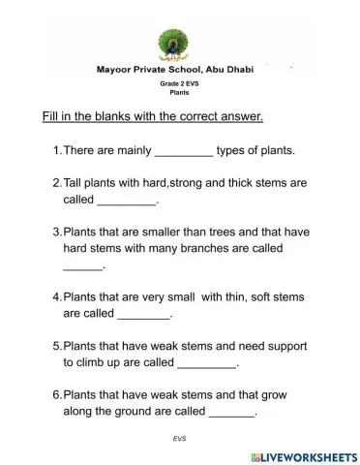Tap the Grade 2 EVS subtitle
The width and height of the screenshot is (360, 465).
[179, 85]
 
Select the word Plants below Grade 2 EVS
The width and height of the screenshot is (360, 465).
[179, 93]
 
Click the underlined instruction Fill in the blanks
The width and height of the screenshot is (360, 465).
[153, 117]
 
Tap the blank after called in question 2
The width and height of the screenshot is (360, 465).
[127, 202]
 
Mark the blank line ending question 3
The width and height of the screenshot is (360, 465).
[82, 267]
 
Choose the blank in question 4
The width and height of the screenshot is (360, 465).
[143, 316]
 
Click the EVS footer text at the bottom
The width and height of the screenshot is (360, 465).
[179, 438]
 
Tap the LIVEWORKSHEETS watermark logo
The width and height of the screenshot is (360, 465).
[302, 455]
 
